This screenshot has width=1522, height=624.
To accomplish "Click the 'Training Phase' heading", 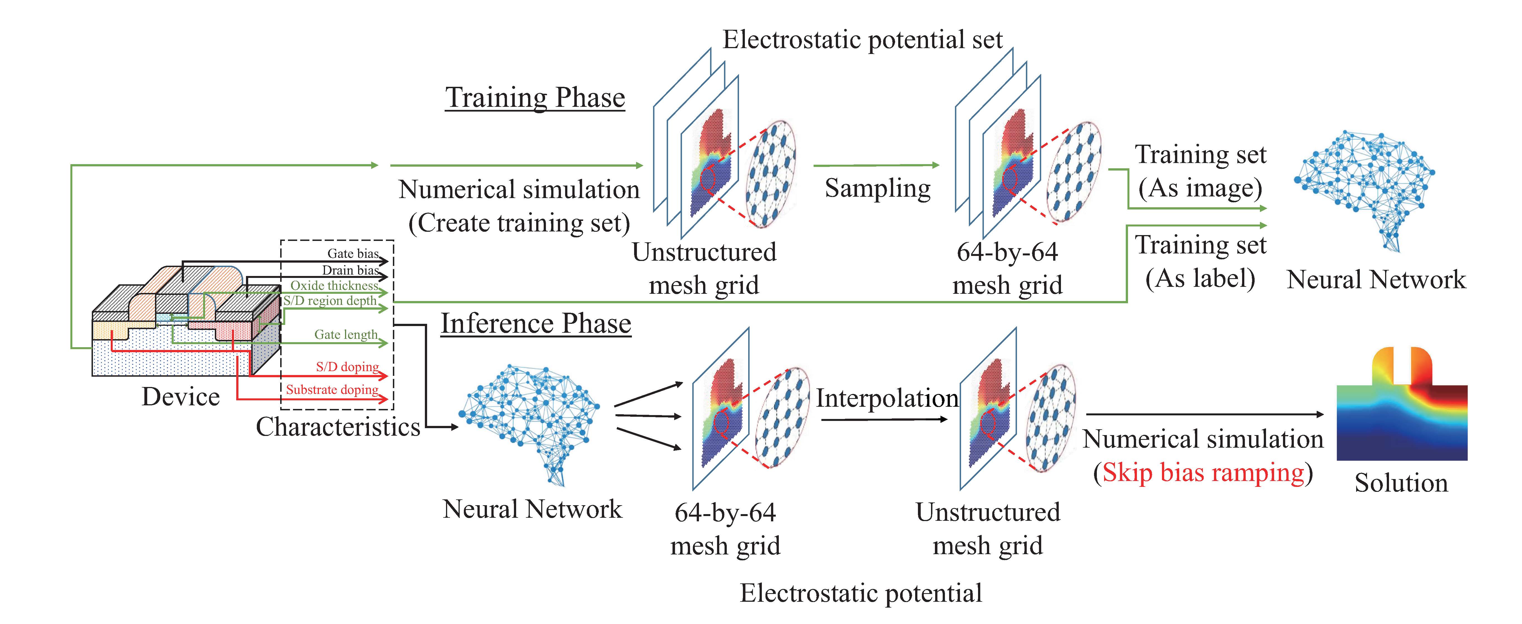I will point(535,97).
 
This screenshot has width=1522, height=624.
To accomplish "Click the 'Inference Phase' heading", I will point(536,324).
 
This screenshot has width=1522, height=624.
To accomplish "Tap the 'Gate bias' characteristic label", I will point(353,253).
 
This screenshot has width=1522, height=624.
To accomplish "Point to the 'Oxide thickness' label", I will point(334,285).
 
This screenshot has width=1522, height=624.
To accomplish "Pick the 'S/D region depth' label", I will point(330,301).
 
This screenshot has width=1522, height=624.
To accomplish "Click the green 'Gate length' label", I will point(346,334).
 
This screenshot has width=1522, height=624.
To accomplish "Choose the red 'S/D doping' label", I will point(347,367).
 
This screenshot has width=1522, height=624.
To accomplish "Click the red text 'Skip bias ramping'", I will point(1203,473).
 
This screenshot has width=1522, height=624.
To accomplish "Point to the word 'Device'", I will point(181,396).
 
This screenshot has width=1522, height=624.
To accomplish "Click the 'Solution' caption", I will point(1401,483).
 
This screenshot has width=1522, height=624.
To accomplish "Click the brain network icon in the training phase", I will point(1365,189).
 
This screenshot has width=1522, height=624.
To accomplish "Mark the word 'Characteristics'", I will point(338,427).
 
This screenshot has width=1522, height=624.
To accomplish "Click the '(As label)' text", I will point(1200,278).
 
